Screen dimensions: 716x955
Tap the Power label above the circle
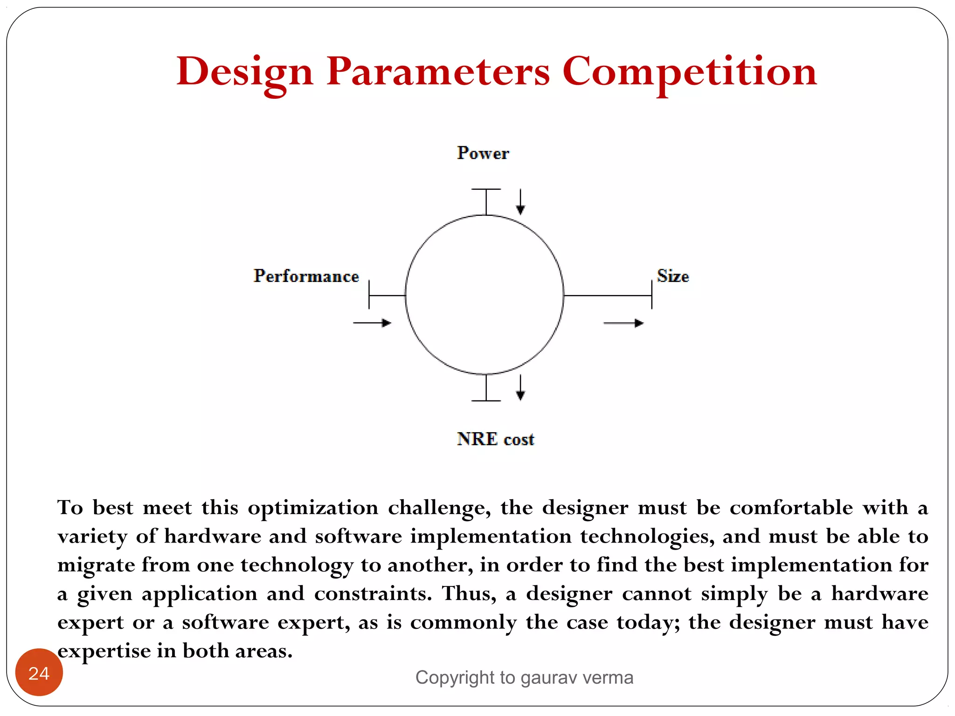pyautogui.click(x=483, y=153)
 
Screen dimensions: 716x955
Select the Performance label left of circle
pyautogui.click(x=306, y=276)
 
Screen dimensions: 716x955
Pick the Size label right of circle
pyautogui.click(x=672, y=276)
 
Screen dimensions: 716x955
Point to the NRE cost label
pyautogui.click(x=495, y=439)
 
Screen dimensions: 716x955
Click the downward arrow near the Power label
pyautogui.click(x=520, y=202)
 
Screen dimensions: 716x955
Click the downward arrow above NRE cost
pyautogui.click(x=520, y=388)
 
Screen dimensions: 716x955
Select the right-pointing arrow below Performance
pyautogui.click(x=372, y=323)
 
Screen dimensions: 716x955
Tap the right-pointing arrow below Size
pyautogui.click(x=623, y=323)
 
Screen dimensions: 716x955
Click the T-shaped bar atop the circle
pyautogui.click(x=486, y=200)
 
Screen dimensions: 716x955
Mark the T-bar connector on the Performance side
pyautogui.click(x=386, y=295)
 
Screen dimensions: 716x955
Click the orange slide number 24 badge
pyautogui.click(x=39, y=672)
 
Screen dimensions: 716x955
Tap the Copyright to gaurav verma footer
pyautogui.click(x=524, y=677)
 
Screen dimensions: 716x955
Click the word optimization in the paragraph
pyautogui.click(x=313, y=508)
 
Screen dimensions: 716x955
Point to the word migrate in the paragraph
pyautogui.click(x=96, y=565)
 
